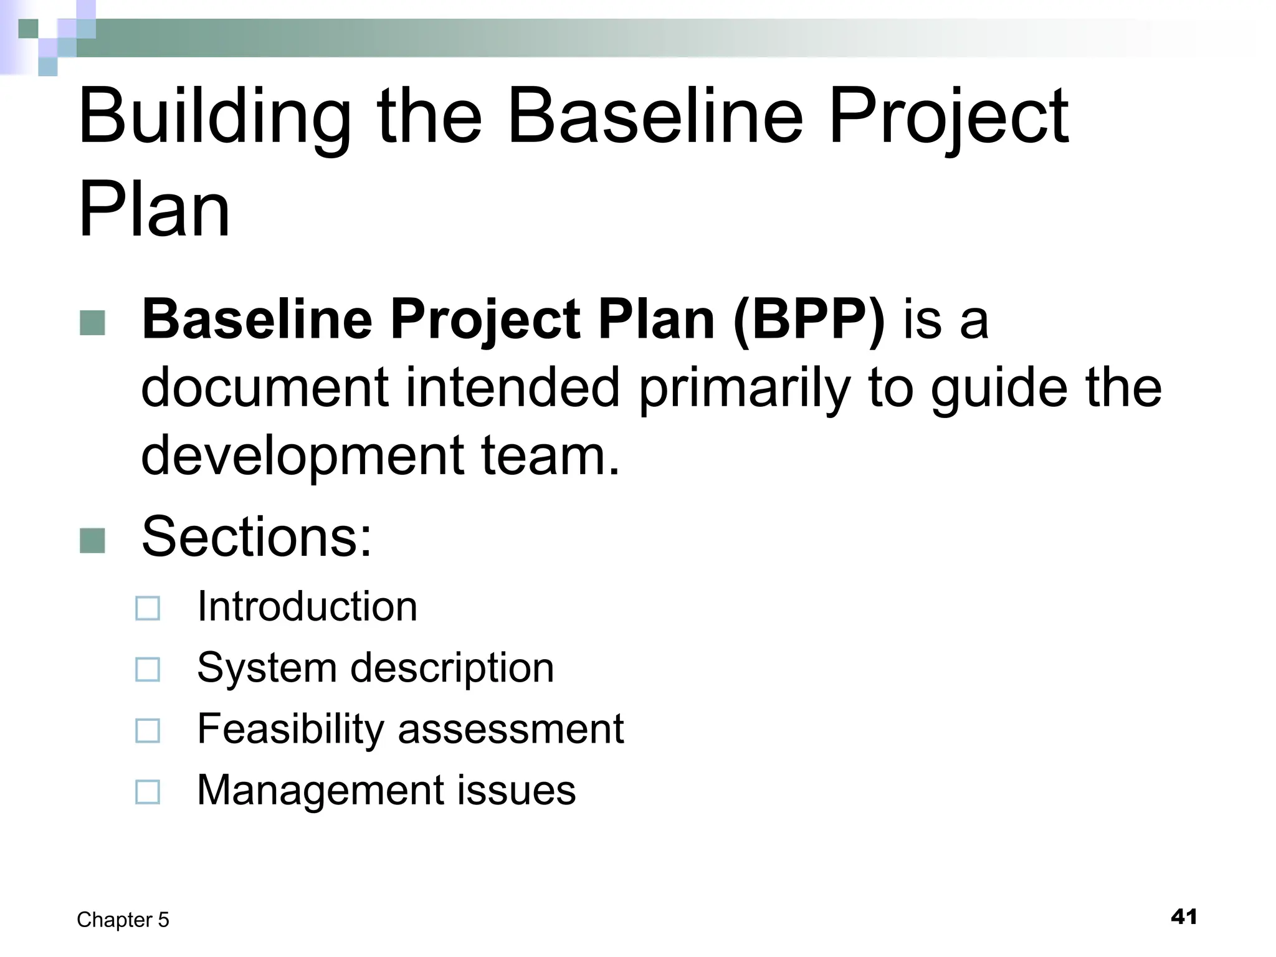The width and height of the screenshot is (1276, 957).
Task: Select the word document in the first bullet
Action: [x=265, y=388]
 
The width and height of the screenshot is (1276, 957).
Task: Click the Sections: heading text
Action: [x=256, y=537]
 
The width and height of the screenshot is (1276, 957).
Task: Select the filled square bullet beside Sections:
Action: [x=93, y=540]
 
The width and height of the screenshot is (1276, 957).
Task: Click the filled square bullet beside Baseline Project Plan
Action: [x=93, y=323]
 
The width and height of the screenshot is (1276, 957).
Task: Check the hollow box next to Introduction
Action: [x=148, y=608]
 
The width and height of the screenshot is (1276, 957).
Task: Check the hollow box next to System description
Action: [x=148, y=670]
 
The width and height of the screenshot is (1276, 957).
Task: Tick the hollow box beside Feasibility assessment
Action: [x=148, y=731]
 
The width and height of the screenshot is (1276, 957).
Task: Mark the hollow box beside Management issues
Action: [x=148, y=792]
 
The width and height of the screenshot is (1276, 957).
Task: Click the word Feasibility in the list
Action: [x=289, y=729]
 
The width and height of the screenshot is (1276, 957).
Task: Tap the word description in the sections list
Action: [x=452, y=669]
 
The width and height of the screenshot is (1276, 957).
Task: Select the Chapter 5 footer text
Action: [x=123, y=920]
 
